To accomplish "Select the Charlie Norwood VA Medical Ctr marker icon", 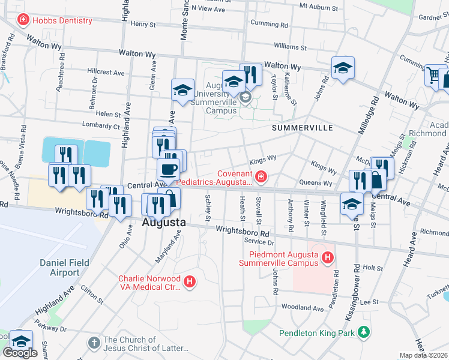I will point(190,281).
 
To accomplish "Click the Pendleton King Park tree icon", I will point(363,331).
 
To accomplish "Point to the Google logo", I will point(20,353).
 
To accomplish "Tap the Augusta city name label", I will point(164,223).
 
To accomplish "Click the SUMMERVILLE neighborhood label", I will point(302,128).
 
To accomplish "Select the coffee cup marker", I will point(168,169).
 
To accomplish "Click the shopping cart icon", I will point(433,76).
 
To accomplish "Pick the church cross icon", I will point(93,343).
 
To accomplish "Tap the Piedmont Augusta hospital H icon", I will point(327,258).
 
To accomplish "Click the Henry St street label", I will point(143,25).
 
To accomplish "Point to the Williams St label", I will point(290,46).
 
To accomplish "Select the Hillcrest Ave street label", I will point(106,72).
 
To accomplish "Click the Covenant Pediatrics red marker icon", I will point(261,176).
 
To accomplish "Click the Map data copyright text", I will point(424,355).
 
